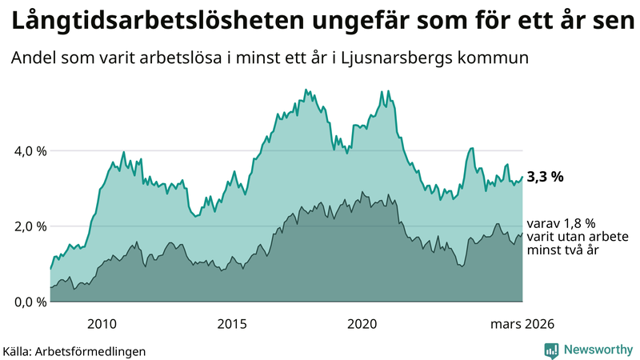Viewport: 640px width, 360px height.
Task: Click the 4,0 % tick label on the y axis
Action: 24,150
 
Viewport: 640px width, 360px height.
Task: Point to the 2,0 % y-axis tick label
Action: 24,226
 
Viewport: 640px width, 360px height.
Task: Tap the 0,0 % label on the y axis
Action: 24,302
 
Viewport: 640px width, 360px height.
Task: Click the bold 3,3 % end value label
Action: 545,178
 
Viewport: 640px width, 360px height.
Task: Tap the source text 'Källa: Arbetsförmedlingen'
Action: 74,350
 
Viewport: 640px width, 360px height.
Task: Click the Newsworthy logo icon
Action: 551,350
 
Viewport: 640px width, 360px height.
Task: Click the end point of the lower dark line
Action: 522,234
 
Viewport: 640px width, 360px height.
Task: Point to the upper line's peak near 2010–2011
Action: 123,151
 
